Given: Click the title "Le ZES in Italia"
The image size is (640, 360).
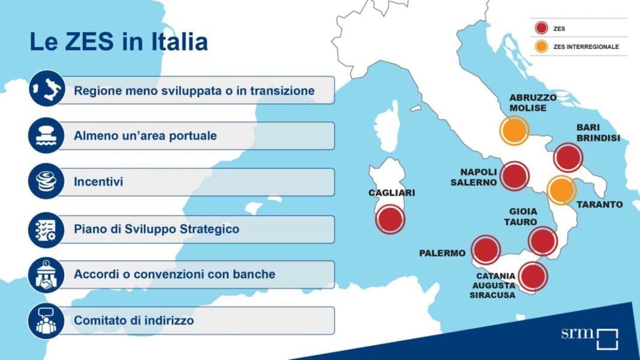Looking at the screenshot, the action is point(119,42).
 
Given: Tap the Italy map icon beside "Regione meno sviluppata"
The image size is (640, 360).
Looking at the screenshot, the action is point(47,89).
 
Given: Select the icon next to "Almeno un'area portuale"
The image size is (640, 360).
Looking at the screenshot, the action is point(47,135).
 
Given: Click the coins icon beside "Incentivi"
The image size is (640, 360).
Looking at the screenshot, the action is point(47,181).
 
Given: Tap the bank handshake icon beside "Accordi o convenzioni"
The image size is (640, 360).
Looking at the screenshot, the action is point(47,275).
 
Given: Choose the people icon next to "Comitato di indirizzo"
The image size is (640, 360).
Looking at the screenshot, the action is point(47,321).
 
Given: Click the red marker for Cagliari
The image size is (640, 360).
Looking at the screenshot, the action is point(390,219).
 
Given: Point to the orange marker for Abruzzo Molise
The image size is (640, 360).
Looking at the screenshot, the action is point(514,131).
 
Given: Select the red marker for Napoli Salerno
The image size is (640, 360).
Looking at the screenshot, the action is point(514,176).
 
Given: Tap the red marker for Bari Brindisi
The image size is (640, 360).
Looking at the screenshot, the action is point(568,158).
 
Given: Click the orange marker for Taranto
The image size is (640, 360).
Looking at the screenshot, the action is point(561,190).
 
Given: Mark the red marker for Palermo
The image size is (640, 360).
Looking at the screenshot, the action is point(486,250).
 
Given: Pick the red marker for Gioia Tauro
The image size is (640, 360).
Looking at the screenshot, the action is point(543,241).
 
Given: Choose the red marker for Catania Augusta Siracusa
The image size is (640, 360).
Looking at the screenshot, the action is point(533,277).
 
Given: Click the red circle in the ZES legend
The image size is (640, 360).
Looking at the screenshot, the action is point(541,28).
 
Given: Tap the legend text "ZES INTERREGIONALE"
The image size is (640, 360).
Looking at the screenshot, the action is point(586,47).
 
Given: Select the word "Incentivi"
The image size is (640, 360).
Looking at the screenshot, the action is point(98,181).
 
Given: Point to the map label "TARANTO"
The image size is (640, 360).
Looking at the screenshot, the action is point(600,204).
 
